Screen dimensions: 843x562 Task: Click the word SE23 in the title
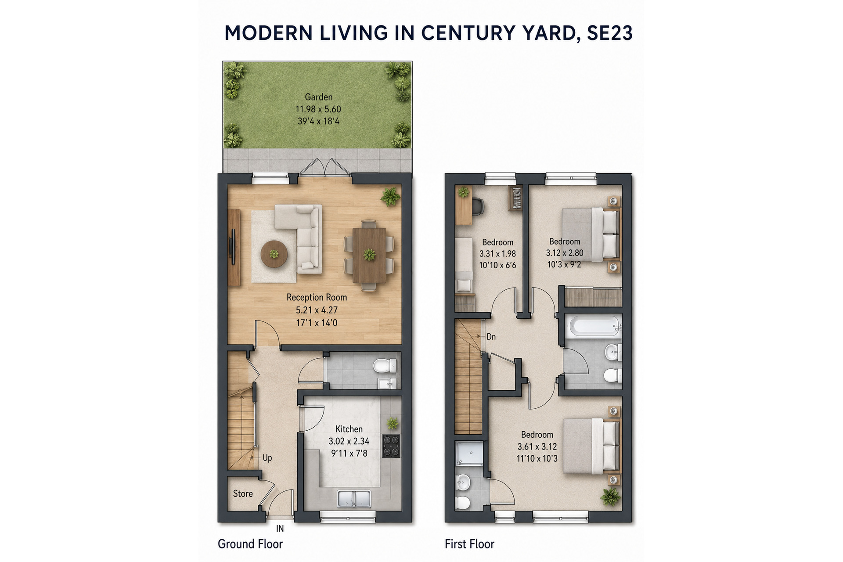tap(609, 33)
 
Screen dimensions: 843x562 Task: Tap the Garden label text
tap(319, 97)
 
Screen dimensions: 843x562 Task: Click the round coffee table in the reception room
tap(274, 254)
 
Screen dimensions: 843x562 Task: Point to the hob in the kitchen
tap(391, 446)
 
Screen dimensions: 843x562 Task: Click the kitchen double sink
tap(354, 499)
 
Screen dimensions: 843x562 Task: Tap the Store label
tap(243, 494)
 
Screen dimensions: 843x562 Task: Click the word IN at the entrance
tap(280, 529)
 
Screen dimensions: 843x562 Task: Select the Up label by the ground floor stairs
tap(267, 458)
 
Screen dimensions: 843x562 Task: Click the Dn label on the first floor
tap(491, 337)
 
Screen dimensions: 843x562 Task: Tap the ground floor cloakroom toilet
tap(385, 365)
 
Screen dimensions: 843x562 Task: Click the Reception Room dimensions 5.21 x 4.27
tap(317, 310)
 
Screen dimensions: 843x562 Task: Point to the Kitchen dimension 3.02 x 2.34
tap(349, 441)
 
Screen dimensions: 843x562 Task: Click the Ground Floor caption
tap(250, 544)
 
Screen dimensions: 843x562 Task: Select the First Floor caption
tap(469, 544)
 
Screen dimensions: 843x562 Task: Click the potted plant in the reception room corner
tap(390, 196)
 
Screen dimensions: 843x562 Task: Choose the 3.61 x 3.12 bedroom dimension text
tap(537, 447)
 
